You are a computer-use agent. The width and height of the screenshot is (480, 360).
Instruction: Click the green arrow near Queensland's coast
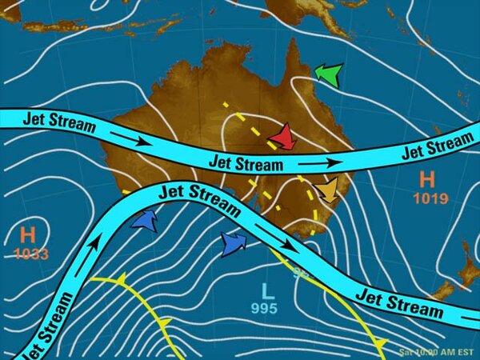[x=328, y=75]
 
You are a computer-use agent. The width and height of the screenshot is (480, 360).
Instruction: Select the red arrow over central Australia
[x=282, y=138]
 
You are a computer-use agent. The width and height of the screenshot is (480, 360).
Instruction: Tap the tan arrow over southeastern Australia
[x=326, y=190]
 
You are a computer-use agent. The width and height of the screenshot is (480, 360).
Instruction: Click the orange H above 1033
[x=28, y=235]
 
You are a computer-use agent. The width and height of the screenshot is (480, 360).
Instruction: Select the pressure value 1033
[x=30, y=254]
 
